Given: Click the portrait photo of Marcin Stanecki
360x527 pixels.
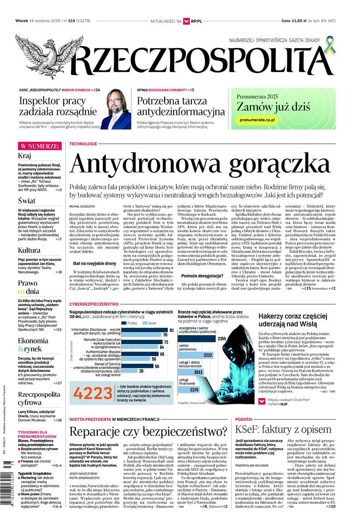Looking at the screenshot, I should pos(116,110).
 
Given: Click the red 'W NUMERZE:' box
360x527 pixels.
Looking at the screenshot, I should pos(39,146).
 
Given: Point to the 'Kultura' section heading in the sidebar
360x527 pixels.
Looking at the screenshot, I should pos(29,250).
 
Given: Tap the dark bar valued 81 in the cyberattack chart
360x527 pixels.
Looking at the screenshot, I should pos(139,330).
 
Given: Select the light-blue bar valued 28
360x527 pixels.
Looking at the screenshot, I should pos(124,371).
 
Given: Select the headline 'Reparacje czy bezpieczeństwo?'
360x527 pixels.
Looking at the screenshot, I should pos(148,430).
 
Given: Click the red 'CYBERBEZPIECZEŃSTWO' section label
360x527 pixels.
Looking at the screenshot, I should pos(94,303).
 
